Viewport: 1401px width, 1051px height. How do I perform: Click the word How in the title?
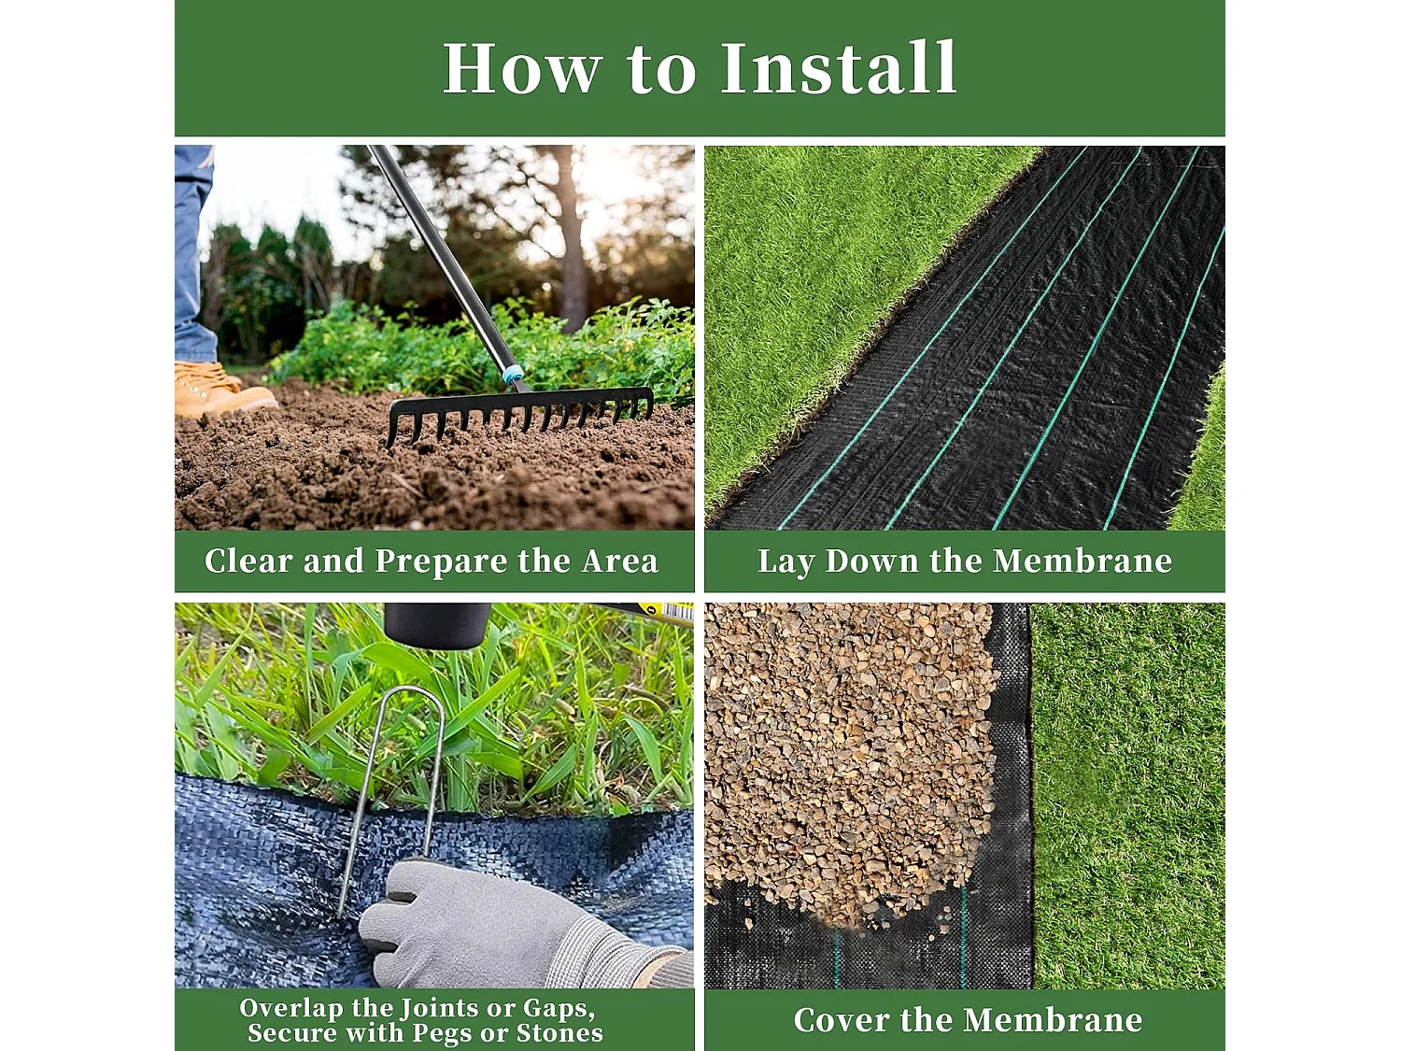tap(522, 68)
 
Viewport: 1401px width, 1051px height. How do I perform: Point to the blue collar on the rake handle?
tap(513, 375)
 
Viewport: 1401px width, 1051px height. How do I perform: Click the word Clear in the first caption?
tap(248, 561)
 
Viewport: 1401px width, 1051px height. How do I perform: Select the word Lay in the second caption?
tap(785, 561)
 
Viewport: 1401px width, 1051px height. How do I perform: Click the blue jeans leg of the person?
tap(193, 252)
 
